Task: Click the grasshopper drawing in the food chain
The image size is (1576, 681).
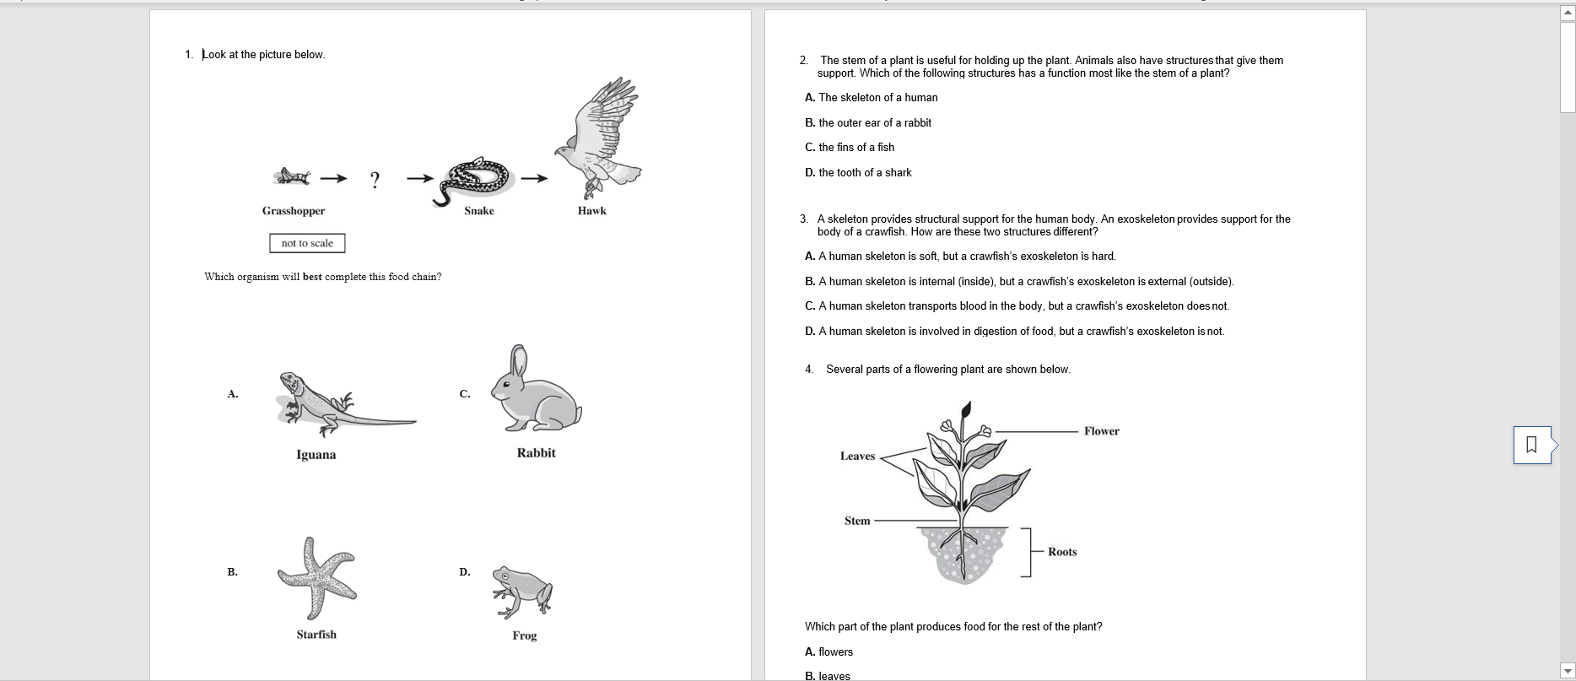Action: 292,176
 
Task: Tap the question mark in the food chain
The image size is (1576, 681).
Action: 375,179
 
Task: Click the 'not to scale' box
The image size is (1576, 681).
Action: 307,243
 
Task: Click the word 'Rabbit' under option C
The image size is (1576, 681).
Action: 536,453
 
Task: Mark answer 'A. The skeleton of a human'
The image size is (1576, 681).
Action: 872,98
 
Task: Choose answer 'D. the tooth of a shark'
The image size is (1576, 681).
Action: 858,173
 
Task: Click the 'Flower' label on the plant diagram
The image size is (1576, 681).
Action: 1101,431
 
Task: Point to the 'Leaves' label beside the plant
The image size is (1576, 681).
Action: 857,457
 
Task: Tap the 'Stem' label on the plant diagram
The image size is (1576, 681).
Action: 856,521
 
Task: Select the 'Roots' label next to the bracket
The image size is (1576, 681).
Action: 1062,552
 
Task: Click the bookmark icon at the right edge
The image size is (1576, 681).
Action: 1532,444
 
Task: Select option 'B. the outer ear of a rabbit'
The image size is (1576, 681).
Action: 868,123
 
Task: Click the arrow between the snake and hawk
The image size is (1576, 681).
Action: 534,178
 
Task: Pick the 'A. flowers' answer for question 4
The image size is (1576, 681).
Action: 828,652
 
